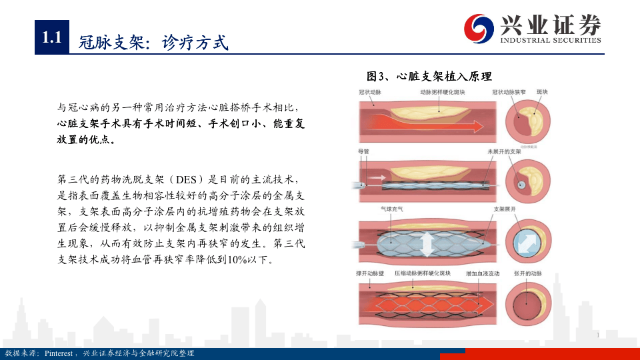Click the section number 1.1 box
coord(51,38)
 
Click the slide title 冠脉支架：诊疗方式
coord(153,43)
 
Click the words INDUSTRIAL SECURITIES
coord(551,40)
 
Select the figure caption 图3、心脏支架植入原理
coord(429,77)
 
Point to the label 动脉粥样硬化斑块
coord(442,92)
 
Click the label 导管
coord(363,152)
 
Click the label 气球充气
coord(392,209)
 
